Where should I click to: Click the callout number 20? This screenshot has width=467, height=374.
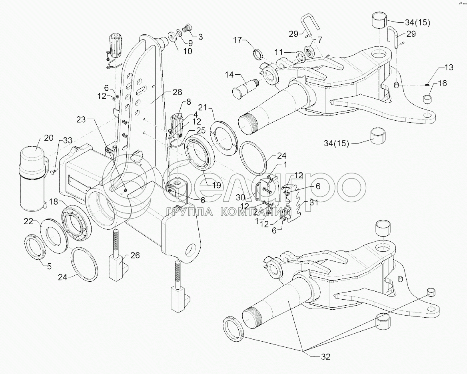(x=48, y=138)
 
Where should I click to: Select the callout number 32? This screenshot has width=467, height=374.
(x=325, y=357)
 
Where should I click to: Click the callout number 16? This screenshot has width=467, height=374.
(x=442, y=83)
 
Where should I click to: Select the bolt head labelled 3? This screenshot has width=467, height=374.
(x=187, y=28)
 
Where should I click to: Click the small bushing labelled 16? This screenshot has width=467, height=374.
(x=428, y=98)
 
